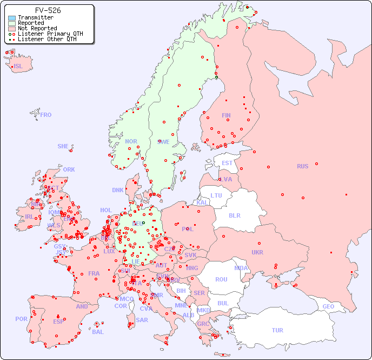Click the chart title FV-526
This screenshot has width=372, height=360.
click(x=48, y=10)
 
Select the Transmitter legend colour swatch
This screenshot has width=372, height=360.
click(x=12, y=18)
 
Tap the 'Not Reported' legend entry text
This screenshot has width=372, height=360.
click(x=37, y=28)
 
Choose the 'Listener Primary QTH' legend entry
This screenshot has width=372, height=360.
click(x=50, y=34)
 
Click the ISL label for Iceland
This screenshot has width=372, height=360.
click(x=18, y=67)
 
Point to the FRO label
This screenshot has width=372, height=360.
click(x=46, y=115)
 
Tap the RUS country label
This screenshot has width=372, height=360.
click(x=302, y=166)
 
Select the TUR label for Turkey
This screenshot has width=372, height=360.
click(x=277, y=330)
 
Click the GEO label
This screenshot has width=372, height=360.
click(x=328, y=306)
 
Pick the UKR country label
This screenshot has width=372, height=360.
click(x=257, y=252)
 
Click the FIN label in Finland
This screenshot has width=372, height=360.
click(x=226, y=115)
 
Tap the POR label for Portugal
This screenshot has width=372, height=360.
click(x=21, y=319)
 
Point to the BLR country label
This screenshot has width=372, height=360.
click(x=234, y=215)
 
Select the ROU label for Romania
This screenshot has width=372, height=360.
click(x=221, y=279)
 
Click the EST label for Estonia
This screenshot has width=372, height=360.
click(x=227, y=163)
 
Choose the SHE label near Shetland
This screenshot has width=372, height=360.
click(x=63, y=146)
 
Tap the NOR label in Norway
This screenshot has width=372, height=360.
click(x=131, y=141)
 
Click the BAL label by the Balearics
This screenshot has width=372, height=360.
click(x=97, y=332)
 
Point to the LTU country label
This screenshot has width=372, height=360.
click(x=216, y=195)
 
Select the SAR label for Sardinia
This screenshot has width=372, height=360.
click(x=142, y=320)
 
